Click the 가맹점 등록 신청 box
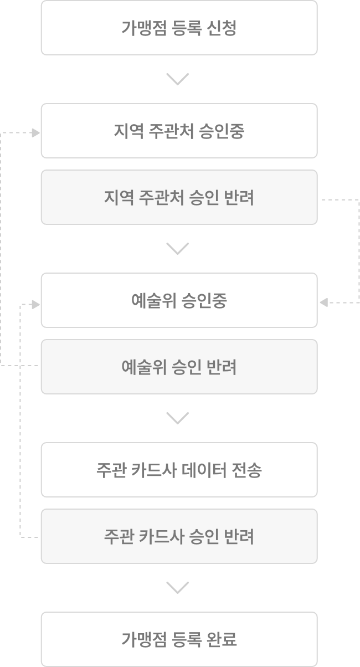(x=179, y=28)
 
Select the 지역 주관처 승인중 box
(x=179, y=131)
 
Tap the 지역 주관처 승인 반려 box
(x=179, y=197)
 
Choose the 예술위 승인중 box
(x=179, y=300)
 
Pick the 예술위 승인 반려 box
(x=179, y=367)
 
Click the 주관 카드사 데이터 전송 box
(x=179, y=470)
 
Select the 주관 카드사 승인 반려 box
(x=179, y=536)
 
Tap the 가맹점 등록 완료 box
(x=179, y=639)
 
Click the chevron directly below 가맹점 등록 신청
(x=177, y=79)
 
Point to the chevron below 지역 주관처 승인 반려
(x=177, y=249)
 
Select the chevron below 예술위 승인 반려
(x=177, y=418)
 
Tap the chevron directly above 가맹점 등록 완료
(x=177, y=588)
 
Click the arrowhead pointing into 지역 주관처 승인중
(x=36, y=133)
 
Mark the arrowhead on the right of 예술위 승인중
(x=323, y=302)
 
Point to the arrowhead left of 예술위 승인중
(x=36, y=304)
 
